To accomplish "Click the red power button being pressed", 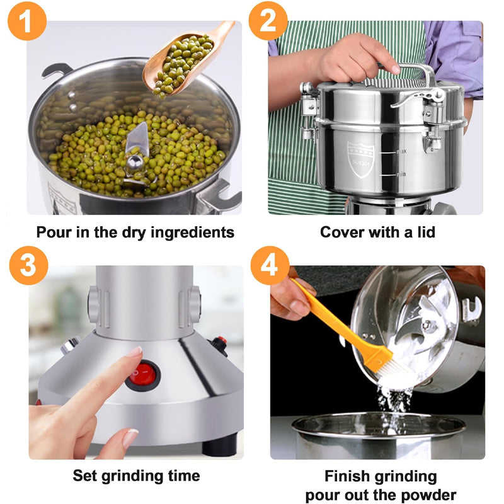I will [143, 374].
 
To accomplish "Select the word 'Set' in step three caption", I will [84, 475].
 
